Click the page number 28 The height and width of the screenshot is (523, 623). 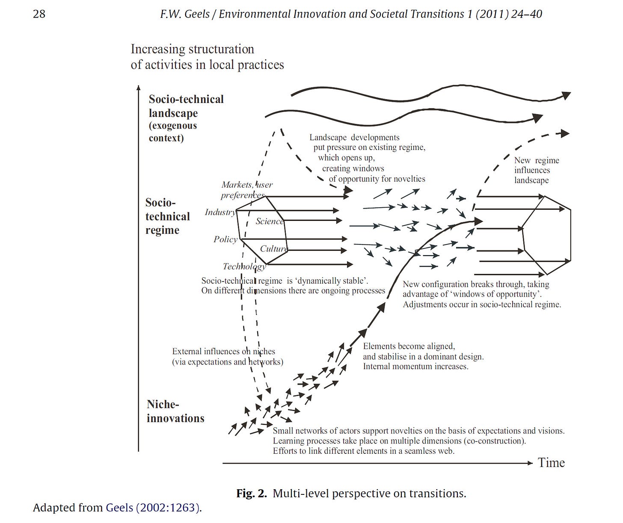click(x=39, y=14)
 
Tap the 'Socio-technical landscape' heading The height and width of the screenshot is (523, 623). click(x=186, y=106)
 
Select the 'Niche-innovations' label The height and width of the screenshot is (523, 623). click(x=175, y=411)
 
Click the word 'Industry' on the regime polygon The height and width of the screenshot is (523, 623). click(x=220, y=212)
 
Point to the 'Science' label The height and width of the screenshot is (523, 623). click(x=269, y=221)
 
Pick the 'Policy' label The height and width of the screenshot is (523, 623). click(x=225, y=239)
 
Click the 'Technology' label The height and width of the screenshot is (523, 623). click(x=244, y=267)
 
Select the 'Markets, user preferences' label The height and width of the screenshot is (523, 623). click(x=246, y=190)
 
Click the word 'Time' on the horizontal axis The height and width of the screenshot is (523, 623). click(x=551, y=463)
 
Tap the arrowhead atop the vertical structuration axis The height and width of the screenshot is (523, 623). click(x=138, y=88)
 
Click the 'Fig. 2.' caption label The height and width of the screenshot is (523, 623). click(x=252, y=494)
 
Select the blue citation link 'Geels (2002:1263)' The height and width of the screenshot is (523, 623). click(x=153, y=508)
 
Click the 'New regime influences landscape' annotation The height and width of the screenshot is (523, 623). click(x=536, y=170)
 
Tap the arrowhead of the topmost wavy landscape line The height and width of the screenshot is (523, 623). click(x=567, y=95)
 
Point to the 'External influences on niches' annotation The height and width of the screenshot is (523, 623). click(x=224, y=352)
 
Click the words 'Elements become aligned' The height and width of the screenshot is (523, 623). click(x=409, y=346)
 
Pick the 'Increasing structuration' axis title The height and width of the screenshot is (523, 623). click(x=193, y=50)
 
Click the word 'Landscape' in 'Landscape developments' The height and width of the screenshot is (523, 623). click(x=328, y=138)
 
